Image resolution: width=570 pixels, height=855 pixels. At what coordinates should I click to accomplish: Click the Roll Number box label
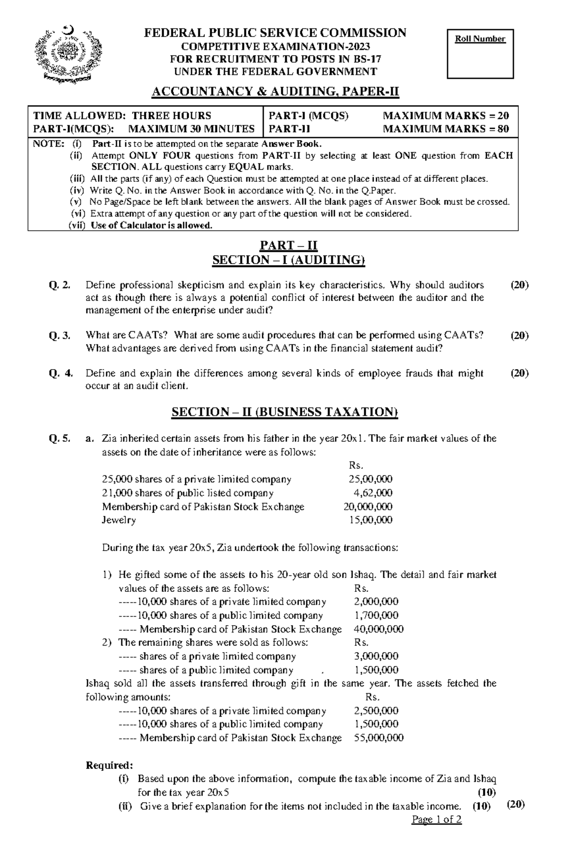pos(480,39)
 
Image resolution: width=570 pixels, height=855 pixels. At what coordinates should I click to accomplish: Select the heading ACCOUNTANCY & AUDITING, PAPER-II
pos(275,92)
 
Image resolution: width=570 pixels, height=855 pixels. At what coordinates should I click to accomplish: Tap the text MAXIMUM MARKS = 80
pos(446,129)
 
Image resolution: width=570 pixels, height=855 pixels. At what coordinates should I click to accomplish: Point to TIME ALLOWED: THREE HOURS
pos(122,115)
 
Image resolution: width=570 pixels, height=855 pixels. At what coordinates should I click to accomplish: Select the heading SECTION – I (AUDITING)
pos(288,260)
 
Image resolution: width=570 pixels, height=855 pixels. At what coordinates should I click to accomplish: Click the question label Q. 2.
pos(60,285)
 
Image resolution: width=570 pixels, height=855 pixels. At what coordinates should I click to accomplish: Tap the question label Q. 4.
pos(61,373)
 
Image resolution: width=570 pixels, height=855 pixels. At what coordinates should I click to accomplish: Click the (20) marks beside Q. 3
pos(519,336)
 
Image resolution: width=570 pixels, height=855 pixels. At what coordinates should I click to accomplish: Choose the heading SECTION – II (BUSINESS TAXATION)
pos(285,412)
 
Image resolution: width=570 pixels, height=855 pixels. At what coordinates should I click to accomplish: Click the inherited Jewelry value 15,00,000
pos(370,520)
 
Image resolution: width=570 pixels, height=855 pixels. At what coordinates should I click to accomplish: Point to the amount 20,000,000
pos(368,507)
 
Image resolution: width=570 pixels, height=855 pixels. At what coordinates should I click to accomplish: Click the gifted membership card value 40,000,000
pos(379,629)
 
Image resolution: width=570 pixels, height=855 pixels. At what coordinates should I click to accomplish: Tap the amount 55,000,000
pos(379,738)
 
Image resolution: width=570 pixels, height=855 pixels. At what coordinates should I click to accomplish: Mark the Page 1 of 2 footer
pos(437,819)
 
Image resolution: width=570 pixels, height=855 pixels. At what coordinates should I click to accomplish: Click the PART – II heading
pos(288,245)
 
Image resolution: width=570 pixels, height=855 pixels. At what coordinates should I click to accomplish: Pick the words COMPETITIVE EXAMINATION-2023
pos(275,47)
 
